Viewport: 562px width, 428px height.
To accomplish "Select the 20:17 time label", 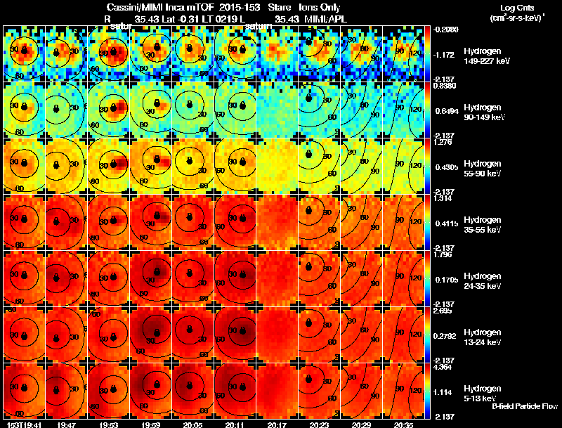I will pos(277,424).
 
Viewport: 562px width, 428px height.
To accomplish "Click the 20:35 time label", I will pos(404,424).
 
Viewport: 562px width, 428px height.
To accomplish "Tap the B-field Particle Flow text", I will pos(525,406).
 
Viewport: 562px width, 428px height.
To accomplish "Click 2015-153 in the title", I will pos(238,7).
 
